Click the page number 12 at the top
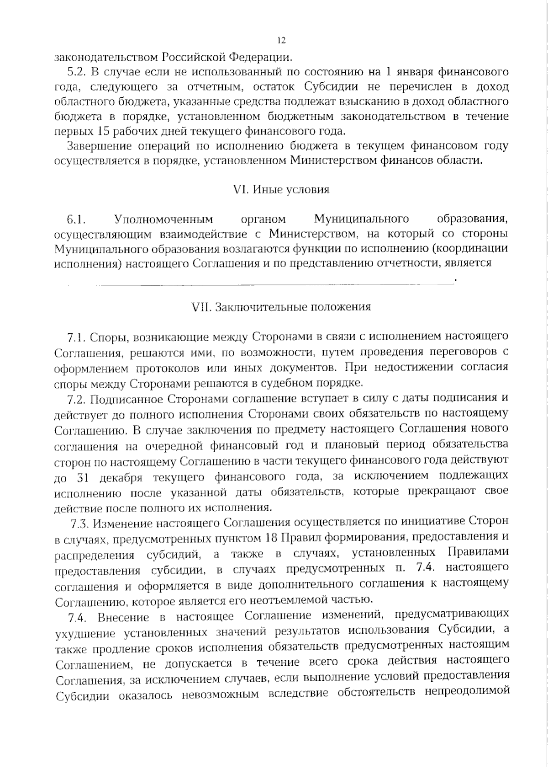pyautogui.click(x=281, y=41)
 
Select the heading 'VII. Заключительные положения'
pyautogui.click(x=281, y=306)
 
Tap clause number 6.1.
pyautogui.click(x=77, y=219)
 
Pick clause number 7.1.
pyautogui.click(x=77, y=337)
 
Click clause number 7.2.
pyautogui.click(x=77, y=399)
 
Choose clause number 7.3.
pyautogui.click(x=80, y=522)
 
